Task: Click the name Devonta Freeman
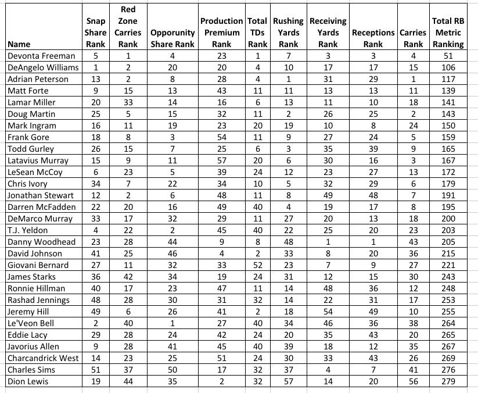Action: click(41, 56)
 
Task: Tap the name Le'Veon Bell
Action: click(31, 323)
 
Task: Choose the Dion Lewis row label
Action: click(28, 381)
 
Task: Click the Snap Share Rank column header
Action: click(95, 33)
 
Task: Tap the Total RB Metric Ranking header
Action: click(448, 33)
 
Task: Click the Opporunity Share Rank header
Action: click(172, 38)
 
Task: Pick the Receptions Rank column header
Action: click(373, 38)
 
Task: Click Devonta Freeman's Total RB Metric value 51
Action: click(448, 56)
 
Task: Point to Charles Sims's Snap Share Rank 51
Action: click(95, 370)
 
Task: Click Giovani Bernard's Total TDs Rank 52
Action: click(257, 265)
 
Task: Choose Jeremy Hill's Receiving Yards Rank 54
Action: click(328, 312)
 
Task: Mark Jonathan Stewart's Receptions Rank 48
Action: click(373, 195)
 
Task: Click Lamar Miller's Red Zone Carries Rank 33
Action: click(128, 102)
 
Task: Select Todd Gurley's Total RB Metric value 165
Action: click(448, 149)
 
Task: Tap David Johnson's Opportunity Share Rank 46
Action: click(172, 253)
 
